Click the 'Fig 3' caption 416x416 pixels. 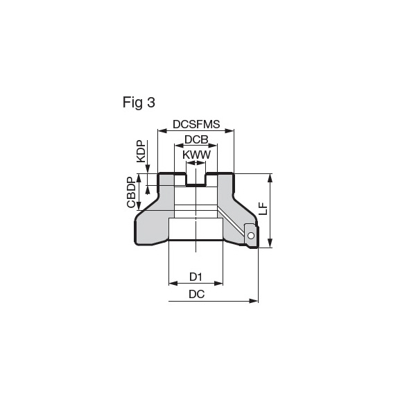point(139,102)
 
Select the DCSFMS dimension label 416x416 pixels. point(196,124)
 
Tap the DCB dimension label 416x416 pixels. point(196,139)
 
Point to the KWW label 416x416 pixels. point(196,155)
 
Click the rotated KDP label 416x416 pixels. point(141,151)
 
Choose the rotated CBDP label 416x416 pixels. point(131,192)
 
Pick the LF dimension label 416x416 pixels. point(263,209)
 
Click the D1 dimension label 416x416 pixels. point(196,277)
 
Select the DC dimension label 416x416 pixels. point(197,294)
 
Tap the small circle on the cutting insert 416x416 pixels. point(251,235)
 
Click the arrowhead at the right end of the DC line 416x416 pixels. point(253,301)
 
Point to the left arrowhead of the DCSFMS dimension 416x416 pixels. point(162,130)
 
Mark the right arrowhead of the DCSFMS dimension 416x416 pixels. point(229,130)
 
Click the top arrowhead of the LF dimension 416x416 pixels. point(270,178)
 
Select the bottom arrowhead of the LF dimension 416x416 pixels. point(270,243)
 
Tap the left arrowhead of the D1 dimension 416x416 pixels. point(173,284)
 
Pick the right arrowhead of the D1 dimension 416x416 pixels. point(218,284)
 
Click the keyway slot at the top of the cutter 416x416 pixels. point(196,179)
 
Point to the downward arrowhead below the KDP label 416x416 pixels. point(148,169)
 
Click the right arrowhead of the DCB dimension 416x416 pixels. point(213,146)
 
